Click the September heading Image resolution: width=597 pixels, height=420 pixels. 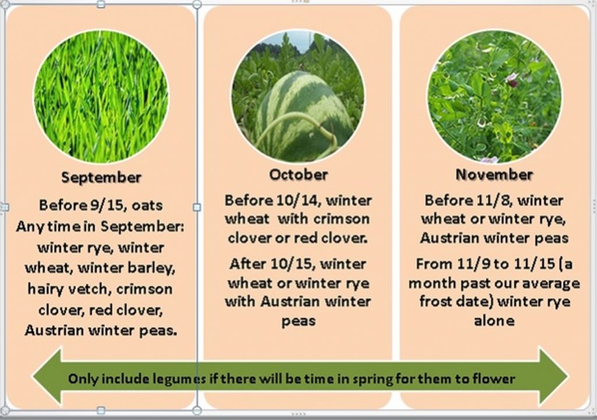101,177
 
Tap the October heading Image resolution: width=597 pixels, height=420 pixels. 298,175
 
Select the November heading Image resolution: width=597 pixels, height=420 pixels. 494,175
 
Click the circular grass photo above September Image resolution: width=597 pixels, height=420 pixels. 101,97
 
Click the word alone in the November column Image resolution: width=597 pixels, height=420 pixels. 494,320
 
